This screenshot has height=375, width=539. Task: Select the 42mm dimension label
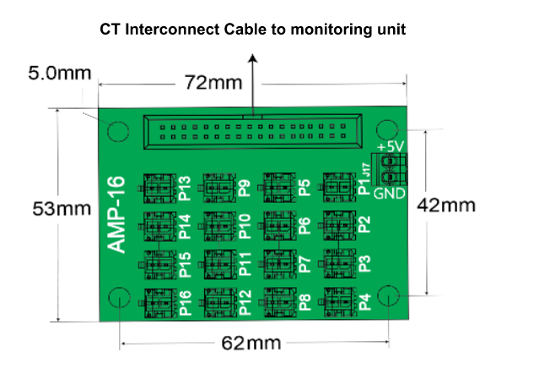point(452,204)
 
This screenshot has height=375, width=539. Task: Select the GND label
point(390,193)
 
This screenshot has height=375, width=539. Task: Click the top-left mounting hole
point(116,131)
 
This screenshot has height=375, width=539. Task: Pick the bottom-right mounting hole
point(387,296)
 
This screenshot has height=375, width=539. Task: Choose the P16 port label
point(186,302)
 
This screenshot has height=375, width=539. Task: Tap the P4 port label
point(364,302)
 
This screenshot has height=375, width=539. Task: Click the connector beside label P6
point(277,225)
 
